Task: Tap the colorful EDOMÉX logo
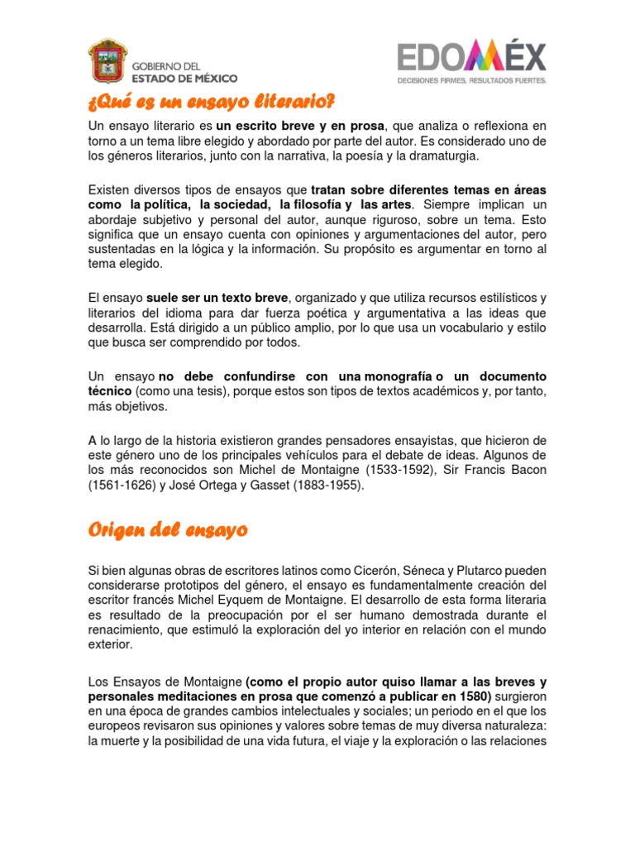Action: click(471, 58)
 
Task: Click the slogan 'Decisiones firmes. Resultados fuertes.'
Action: click(471, 81)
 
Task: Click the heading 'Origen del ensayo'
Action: click(168, 530)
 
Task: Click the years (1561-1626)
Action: click(121, 486)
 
